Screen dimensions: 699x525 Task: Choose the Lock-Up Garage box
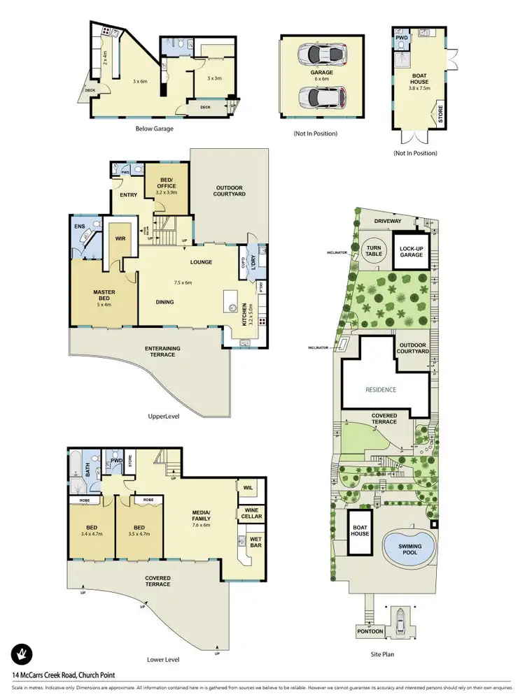(x=411, y=252)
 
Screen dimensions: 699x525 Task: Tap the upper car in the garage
(x=321, y=54)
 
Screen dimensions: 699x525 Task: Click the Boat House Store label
(x=440, y=115)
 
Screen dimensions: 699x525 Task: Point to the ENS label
(x=78, y=226)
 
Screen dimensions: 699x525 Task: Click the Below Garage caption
(x=154, y=129)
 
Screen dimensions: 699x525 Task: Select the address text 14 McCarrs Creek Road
(x=63, y=675)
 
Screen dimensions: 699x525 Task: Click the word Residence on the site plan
(x=381, y=389)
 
